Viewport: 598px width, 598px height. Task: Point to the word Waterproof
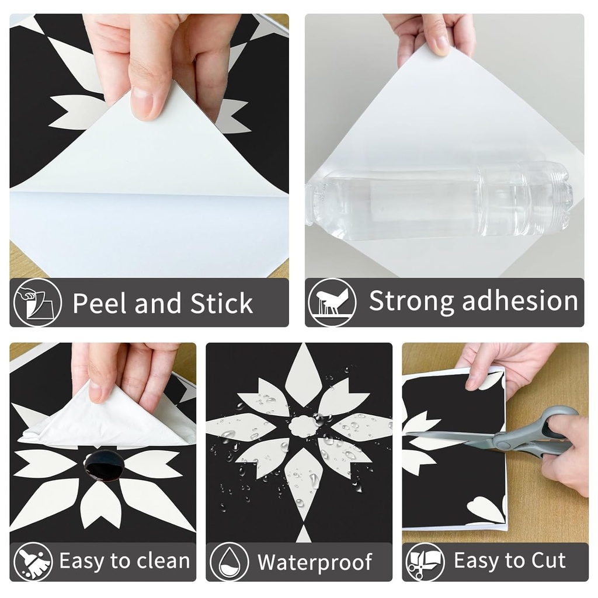pos(315,562)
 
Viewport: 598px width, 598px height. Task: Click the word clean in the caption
pos(164,561)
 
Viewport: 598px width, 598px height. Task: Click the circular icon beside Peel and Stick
pos(37,302)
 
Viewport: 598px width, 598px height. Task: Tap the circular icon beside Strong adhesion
pos(332,302)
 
